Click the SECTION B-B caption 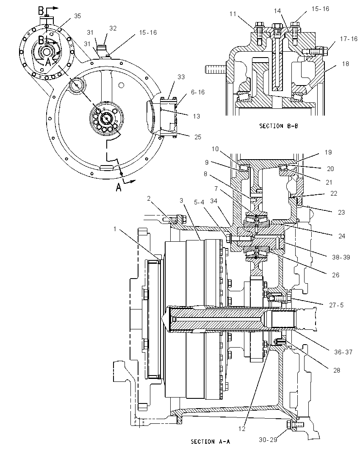tap(279, 126)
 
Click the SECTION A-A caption tap(210, 442)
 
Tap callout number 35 tap(77, 16)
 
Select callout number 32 tap(113, 28)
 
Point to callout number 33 tap(181, 77)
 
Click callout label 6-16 tap(198, 92)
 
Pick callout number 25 tap(197, 137)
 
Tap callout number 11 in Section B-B tap(233, 14)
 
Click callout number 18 tap(346, 64)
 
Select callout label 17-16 tap(349, 39)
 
